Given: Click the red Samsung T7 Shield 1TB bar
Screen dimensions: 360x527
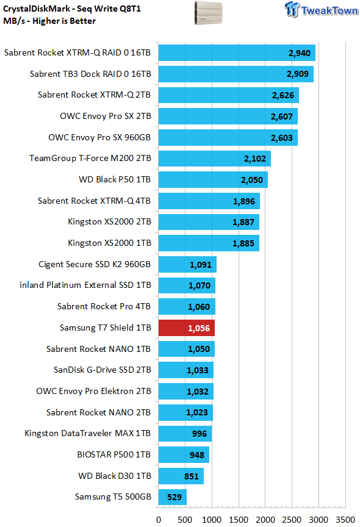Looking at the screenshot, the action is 187,328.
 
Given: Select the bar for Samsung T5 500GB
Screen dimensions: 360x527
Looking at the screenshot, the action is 173,497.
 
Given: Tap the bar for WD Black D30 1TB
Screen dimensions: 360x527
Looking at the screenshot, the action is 181,476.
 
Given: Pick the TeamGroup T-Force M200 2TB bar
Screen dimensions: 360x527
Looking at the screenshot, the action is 214,159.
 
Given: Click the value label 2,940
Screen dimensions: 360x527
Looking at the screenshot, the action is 300,53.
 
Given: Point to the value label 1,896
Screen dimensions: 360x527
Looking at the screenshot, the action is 244,201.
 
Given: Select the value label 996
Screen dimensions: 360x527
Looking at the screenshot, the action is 200,434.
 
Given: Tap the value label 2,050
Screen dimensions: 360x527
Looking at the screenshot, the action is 252,180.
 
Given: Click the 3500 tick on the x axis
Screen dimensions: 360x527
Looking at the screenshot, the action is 345,520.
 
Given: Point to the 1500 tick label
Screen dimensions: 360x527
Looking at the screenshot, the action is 239,520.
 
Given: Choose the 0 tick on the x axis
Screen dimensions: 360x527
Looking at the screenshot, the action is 159,520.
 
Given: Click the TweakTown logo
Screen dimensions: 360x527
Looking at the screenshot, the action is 322,10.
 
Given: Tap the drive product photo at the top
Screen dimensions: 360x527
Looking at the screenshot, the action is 209,13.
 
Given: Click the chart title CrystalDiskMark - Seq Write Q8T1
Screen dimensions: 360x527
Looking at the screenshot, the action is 72,9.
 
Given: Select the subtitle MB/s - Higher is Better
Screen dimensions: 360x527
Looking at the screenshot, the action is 49,21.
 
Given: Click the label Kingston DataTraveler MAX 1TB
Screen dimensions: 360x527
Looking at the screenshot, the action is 88,433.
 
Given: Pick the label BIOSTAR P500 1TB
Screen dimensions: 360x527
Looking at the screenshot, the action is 114,454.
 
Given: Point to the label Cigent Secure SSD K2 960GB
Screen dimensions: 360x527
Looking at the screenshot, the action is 95,264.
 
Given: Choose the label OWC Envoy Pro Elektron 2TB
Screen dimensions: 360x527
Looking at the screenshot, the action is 93,391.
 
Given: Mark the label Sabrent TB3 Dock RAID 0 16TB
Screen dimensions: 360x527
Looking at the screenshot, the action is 90,74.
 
